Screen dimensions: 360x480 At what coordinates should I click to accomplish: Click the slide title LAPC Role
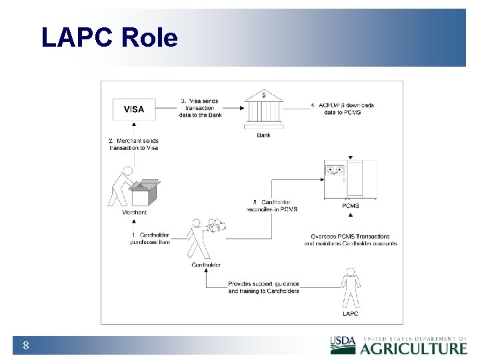tap(109, 38)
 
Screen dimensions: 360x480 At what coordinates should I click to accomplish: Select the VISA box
tap(134, 109)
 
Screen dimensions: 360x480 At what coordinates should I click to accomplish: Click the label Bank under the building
tap(264, 135)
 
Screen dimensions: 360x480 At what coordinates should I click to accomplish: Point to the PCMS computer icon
tap(350, 179)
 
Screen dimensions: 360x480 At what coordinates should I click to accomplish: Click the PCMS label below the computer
tap(350, 206)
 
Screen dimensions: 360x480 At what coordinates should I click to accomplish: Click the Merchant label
tap(134, 213)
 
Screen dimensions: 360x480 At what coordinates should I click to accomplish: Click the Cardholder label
tap(206, 265)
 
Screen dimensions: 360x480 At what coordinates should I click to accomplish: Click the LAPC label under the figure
tap(350, 313)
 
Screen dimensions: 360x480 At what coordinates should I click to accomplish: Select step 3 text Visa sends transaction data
tap(201, 108)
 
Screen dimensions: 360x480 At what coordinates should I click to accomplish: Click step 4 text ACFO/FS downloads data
tap(342, 109)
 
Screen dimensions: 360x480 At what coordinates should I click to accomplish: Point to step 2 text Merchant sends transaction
tap(133, 144)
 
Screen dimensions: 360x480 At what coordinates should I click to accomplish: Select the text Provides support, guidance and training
tap(264, 287)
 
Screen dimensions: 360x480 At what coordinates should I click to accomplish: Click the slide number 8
tap(25, 345)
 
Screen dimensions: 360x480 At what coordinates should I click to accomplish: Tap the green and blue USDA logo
tap(344, 345)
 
